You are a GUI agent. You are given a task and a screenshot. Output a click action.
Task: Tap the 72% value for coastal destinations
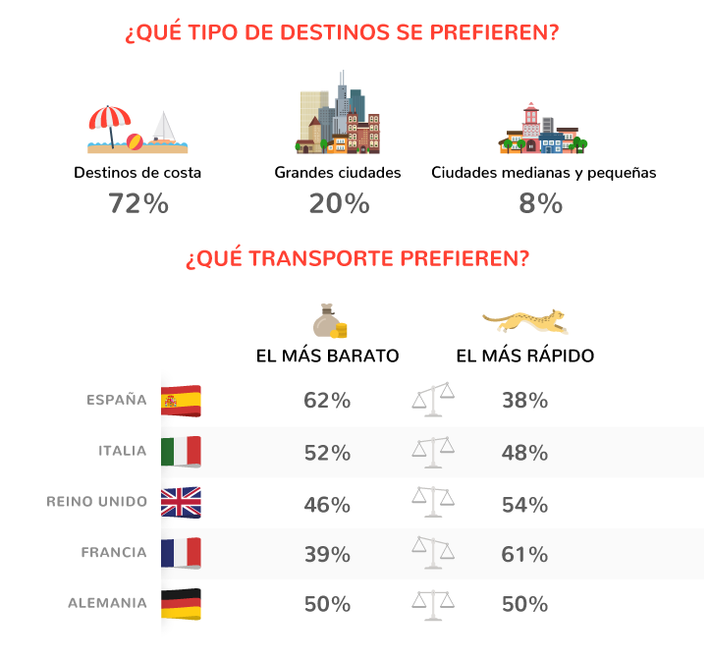[137, 204]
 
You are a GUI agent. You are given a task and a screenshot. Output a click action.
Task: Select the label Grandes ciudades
[338, 173]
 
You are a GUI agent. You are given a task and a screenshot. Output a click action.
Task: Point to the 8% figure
[541, 204]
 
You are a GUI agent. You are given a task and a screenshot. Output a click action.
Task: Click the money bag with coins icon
[329, 320]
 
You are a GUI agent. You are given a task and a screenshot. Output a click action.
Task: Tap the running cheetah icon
[523, 320]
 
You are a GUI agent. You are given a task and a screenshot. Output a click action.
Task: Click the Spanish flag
[181, 401]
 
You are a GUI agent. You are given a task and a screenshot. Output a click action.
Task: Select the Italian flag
[181, 452]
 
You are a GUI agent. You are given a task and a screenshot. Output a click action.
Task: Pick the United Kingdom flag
[181, 503]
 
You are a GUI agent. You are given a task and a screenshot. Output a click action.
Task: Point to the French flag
[181, 553]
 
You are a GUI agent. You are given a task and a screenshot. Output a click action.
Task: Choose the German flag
[181, 604]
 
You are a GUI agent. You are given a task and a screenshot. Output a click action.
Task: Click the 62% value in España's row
[327, 401]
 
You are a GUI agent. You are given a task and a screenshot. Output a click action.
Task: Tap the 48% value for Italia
[523, 453]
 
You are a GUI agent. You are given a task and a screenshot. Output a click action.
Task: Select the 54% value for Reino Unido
[523, 504]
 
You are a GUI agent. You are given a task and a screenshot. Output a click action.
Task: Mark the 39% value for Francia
[327, 555]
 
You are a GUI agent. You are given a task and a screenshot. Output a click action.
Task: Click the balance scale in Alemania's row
[433, 603]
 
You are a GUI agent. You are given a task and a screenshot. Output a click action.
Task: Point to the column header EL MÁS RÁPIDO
[525, 356]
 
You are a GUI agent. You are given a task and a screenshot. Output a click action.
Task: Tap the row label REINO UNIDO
[96, 502]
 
